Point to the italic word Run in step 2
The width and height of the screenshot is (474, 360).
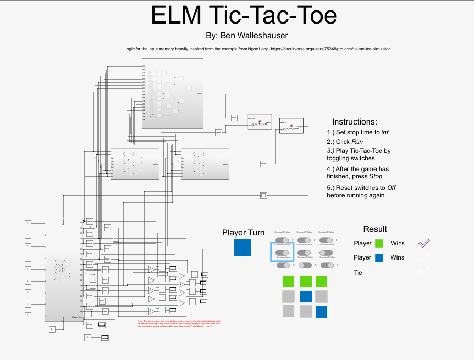tap(357, 142)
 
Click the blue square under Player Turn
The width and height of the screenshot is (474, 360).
tap(242, 248)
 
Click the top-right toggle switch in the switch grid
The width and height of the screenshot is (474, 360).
tap(327, 240)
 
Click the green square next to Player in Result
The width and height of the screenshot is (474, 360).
tap(380, 243)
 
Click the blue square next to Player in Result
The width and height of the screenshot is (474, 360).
tap(380, 257)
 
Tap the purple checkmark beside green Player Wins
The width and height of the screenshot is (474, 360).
tap(424, 243)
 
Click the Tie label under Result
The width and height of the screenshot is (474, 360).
tap(358, 273)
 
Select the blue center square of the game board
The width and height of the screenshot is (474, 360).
tap(306, 297)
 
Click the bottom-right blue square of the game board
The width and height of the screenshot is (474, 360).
tap(322, 312)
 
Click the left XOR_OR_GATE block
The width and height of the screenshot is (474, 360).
tap(260, 121)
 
